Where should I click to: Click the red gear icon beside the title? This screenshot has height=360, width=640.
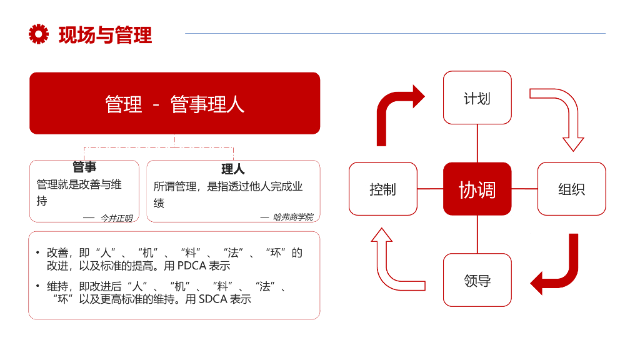[x=39, y=34]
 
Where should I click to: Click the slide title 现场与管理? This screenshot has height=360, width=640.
[x=105, y=34]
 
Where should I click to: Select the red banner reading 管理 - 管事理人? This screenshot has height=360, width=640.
[x=174, y=103]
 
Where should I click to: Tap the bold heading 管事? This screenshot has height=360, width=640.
[x=84, y=167]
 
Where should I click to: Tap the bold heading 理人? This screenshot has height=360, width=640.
[x=233, y=169]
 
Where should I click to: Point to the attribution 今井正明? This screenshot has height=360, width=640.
[x=116, y=218]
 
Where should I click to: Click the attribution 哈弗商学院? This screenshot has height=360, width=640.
[x=293, y=217]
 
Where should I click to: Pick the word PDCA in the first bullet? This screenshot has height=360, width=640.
[x=196, y=266]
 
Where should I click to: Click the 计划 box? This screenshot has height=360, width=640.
[x=477, y=98]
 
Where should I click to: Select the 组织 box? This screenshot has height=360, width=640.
[x=571, y=189]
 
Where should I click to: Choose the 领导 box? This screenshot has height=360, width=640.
[x=477, y=280]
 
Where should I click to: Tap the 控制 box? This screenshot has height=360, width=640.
[x=382, y=189]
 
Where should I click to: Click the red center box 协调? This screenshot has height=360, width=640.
[x=477, y=189]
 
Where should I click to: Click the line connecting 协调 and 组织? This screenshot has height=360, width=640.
[x=524, y=189]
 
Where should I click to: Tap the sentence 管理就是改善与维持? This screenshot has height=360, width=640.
[x=79, y=192]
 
